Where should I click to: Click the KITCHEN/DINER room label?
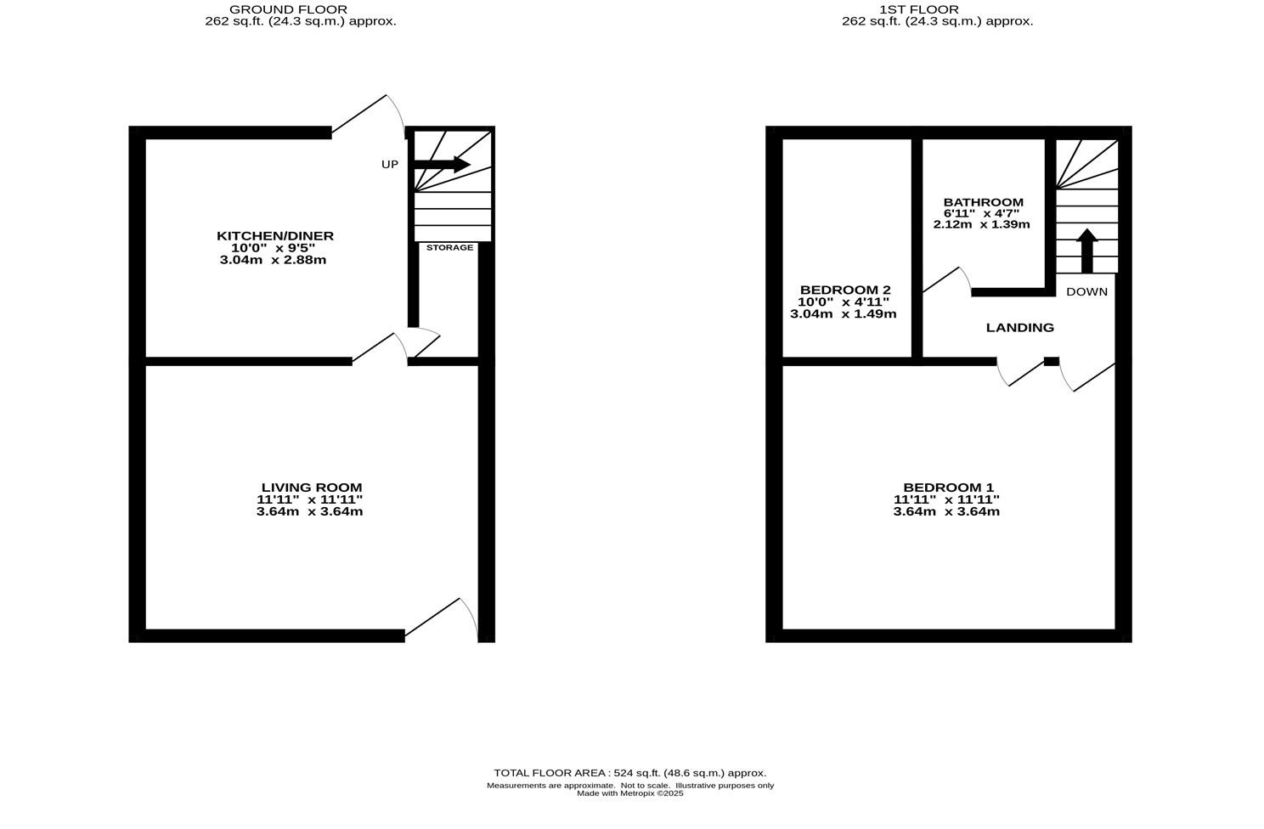[x=274, y=236]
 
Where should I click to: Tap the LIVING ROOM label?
[x=310, y=488]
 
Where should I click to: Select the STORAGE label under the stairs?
[x=449, y=247]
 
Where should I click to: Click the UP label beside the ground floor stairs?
[x=389, y=165]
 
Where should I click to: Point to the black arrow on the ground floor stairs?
[x=442, y=165]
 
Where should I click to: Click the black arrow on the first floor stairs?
[x=1086, y=250]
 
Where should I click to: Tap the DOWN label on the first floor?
[x=1086, y=291]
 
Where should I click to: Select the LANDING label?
[x=1019, y=328]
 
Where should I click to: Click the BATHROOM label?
[x=983, y=202]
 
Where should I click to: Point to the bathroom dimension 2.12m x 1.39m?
[x=981, y=224]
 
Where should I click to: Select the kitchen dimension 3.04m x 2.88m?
[x=273, y=260]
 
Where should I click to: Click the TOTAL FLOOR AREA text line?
[x=629, y=773]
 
